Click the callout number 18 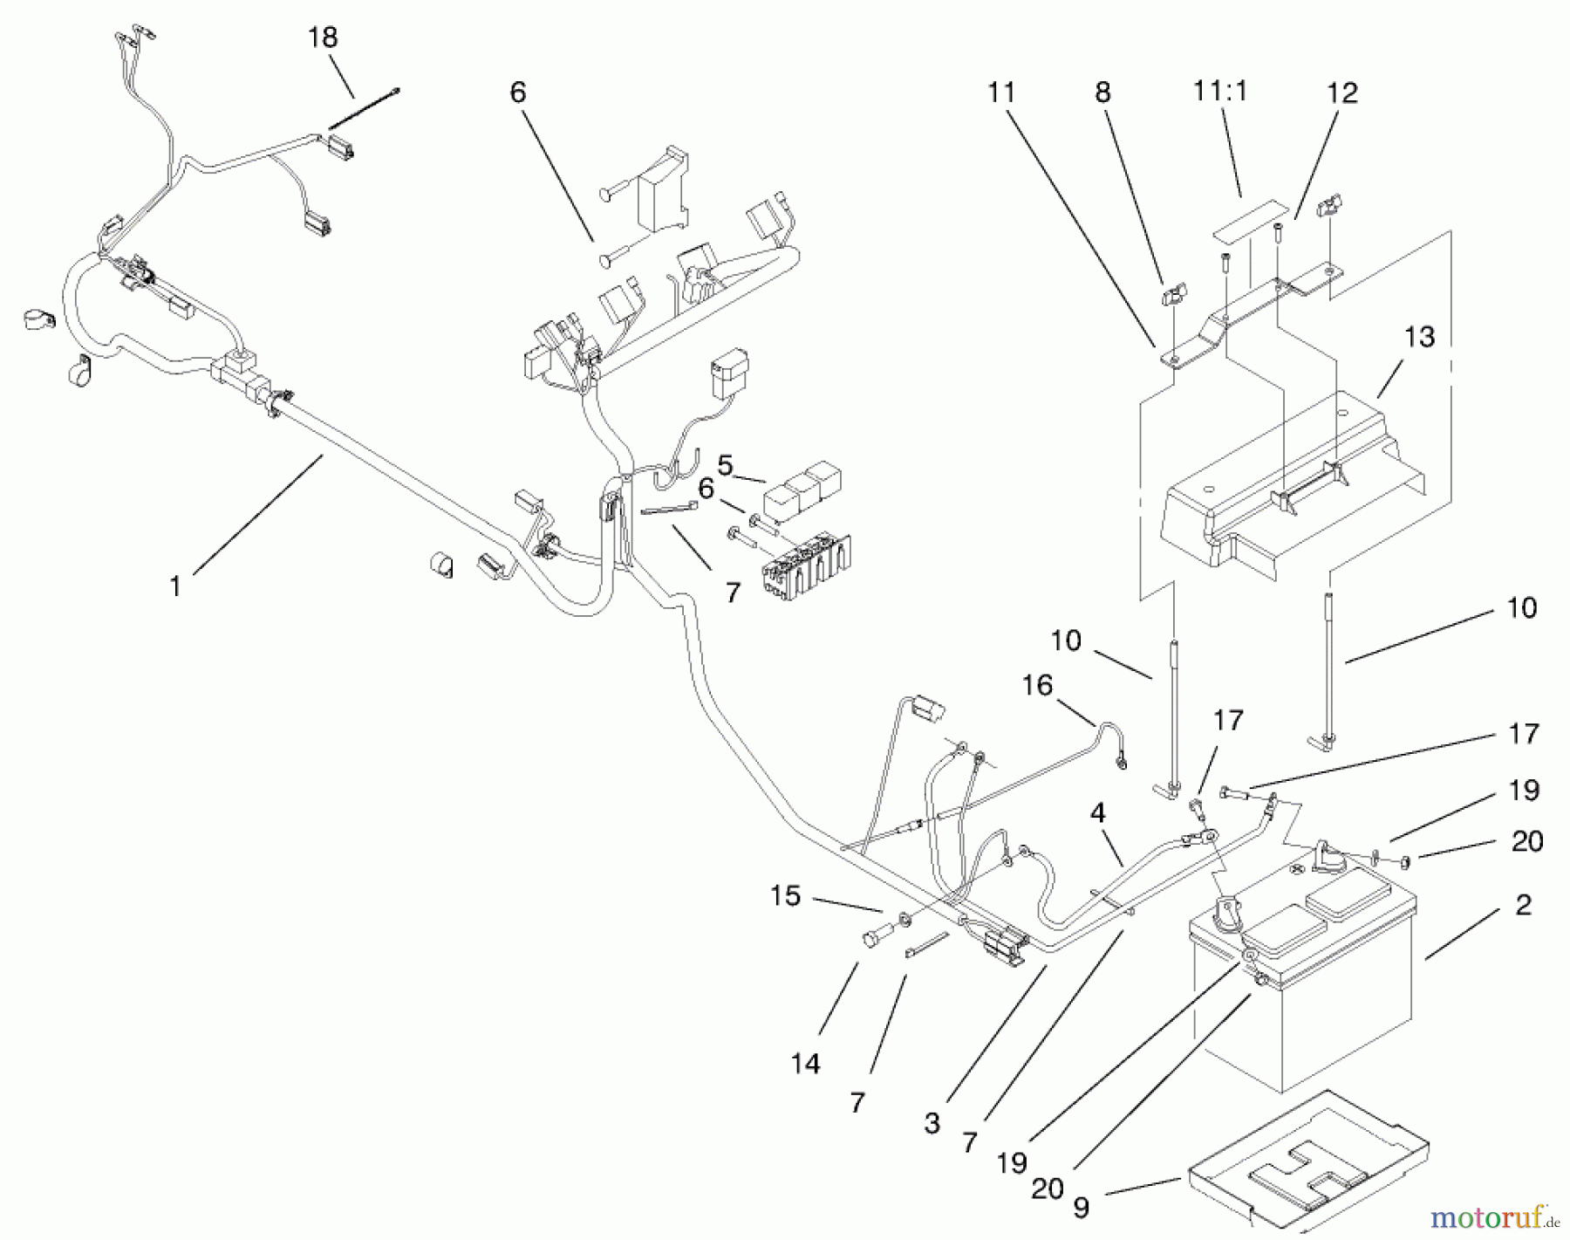click(323, 38)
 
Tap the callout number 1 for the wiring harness click(175, 586)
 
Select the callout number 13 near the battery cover click(1420, 336)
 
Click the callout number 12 click(1342, 93)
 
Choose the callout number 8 click(1102, 92)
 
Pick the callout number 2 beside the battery click(1523, 905)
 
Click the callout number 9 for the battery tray click(1081, 1208)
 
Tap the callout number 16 click(1037, 685)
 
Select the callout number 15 click(785, 895)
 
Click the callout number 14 click(806, 1064)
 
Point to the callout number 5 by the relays click(725, 465)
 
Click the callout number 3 click(932, 1124)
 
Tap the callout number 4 click(1097, 814)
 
